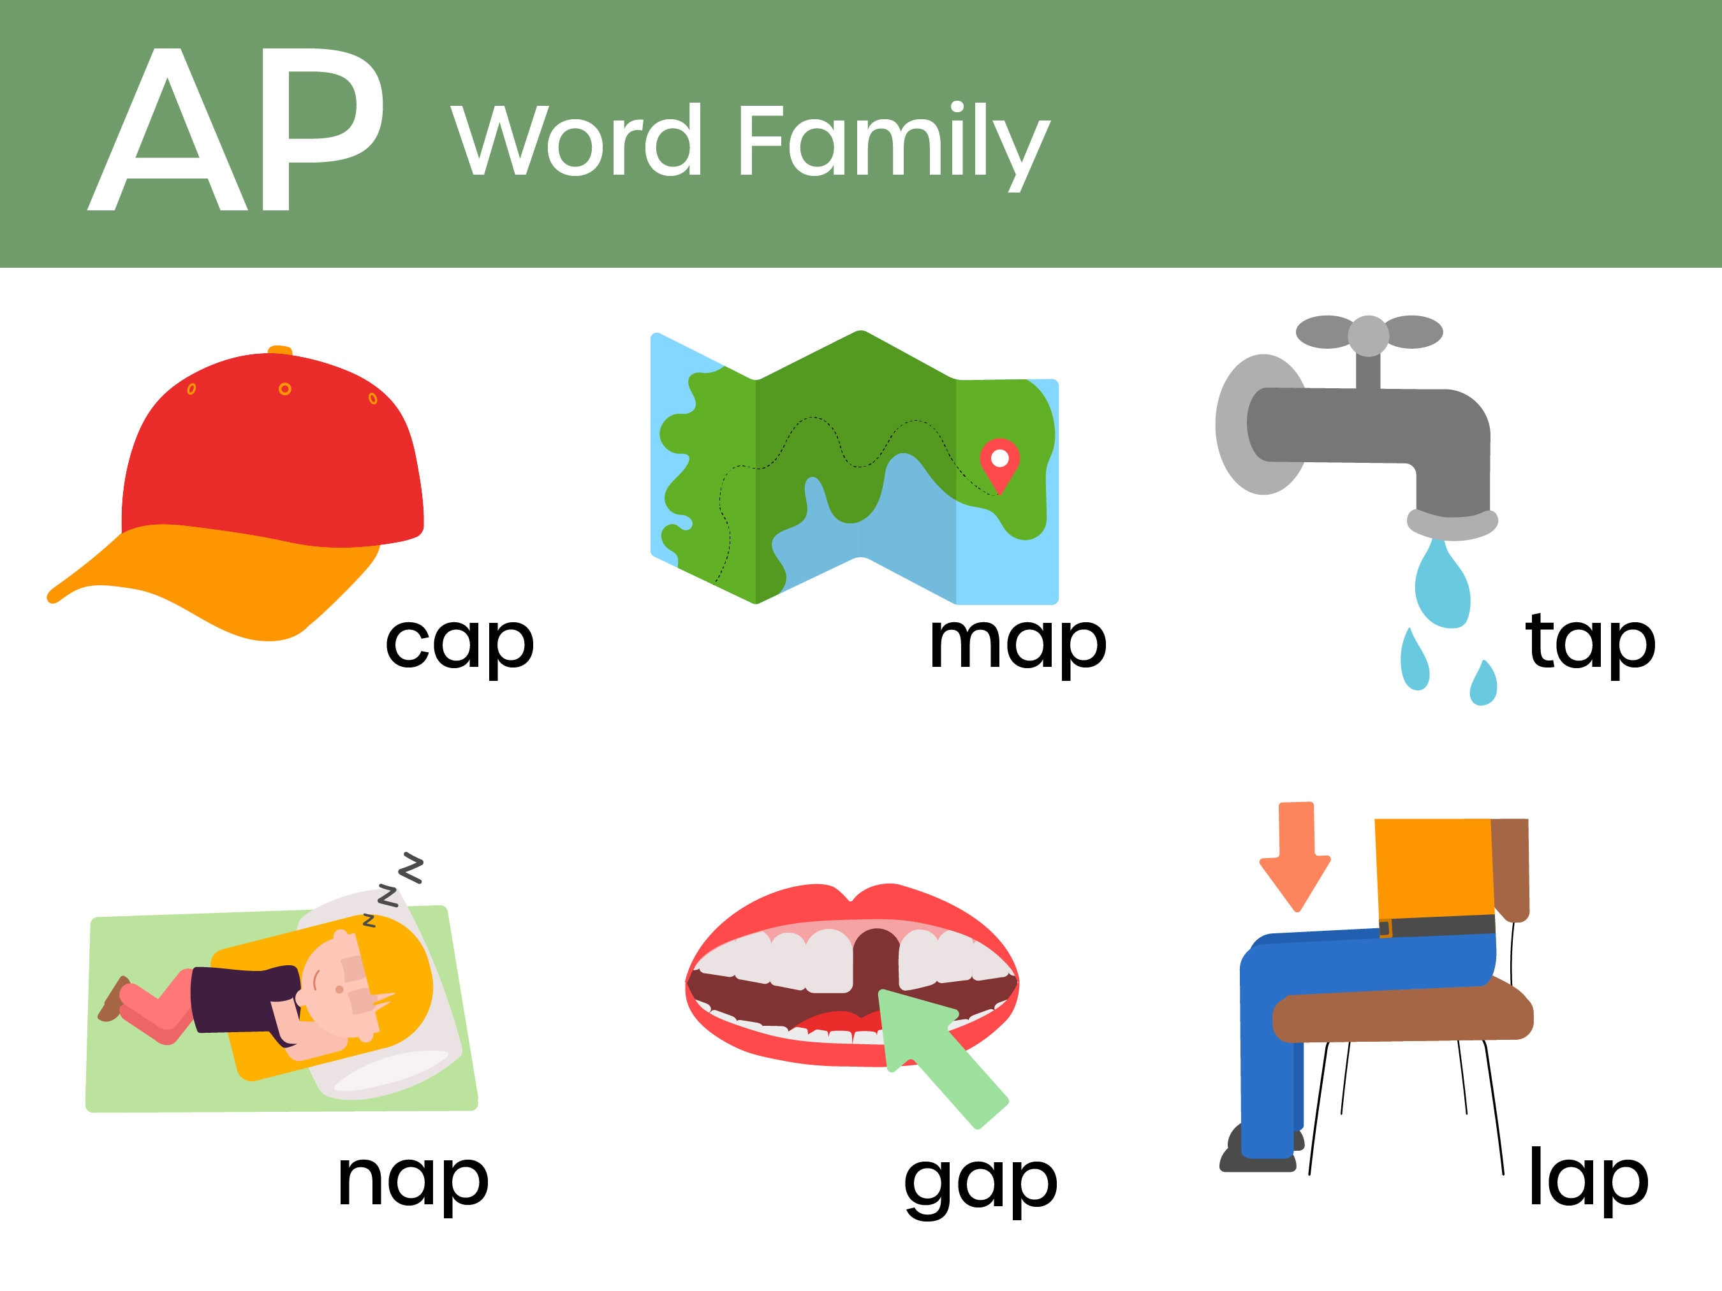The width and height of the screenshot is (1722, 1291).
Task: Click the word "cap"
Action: pyautogui.click(x=459, y=643)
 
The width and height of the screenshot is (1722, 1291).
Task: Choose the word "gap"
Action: pyautogui.click(x=980, y=1183)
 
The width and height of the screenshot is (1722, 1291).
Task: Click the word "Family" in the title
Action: pyautogui.click(x=893, y=144)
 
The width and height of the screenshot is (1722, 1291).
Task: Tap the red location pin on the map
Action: pyautogui.click(x=999, y=462)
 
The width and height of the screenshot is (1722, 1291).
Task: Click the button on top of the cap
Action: pyautogui.click(x=280, y=350)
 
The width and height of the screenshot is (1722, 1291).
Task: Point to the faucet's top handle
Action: pyautogui.click(x=1368, y=333)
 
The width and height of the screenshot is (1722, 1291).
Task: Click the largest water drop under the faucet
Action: pyautogui.click(x=1442, y=588)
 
